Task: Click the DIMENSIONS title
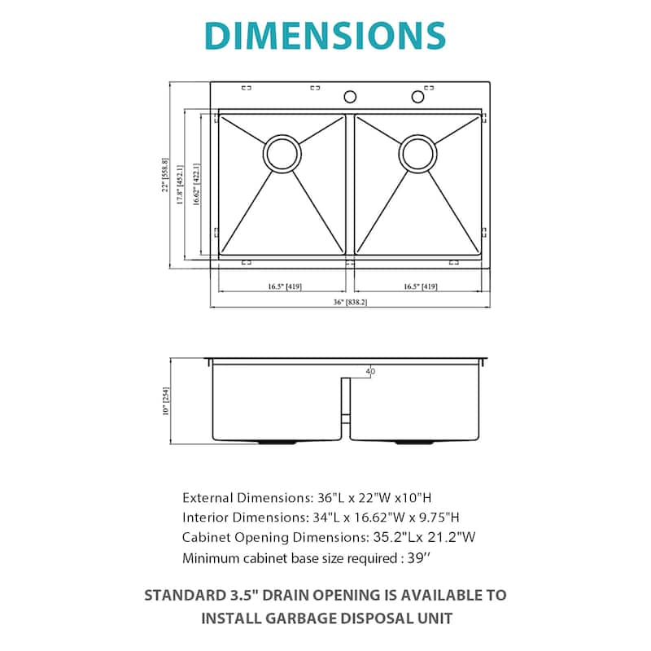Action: pos(325,35)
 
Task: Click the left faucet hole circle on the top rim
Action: pos(350,97)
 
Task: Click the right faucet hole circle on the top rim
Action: pos(418,97)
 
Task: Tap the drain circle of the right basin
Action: pos(417,152)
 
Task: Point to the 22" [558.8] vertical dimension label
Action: pos(164,175)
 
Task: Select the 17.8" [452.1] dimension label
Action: pos(180,184)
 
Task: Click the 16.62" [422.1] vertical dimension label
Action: pos(195,184)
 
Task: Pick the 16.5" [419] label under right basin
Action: pos(421,286)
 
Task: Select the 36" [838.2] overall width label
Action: pos(351,302)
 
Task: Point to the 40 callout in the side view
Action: pos(371,372)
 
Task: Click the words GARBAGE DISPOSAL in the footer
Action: pos(336,617)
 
